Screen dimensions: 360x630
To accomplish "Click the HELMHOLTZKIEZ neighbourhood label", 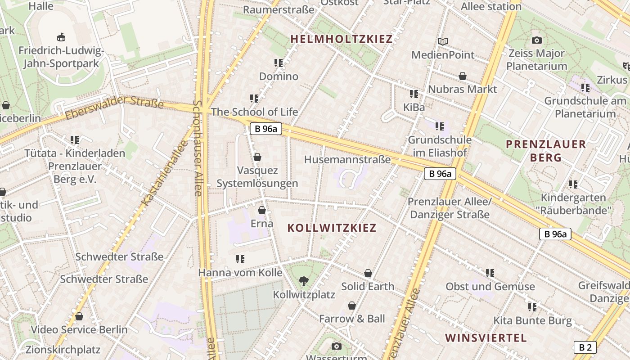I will click(x=342, y=39).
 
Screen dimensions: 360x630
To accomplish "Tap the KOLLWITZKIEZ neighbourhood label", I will click(x=332, y=228).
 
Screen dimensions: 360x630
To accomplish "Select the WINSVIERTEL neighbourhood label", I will click(x=486, y=338).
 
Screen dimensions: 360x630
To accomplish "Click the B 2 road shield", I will click(x=585, y=347).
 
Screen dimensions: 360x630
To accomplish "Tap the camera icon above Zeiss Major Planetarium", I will click(x=536, y=40).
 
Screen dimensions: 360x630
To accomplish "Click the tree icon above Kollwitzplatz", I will click(x=304, y=282).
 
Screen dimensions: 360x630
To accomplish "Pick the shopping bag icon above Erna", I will click(x=261, y=210).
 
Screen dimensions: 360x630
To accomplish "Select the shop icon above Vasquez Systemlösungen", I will click(x=257, y=157).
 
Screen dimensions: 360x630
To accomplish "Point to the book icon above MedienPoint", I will click(x=443, y=42).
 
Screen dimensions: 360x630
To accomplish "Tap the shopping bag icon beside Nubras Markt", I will click(x=463, y=76).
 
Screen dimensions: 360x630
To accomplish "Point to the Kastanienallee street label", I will click(x=165, y=173).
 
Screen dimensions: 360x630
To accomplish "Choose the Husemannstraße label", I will click(x=347, y=159).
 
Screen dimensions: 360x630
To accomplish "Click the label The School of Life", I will click(x=254, y=112).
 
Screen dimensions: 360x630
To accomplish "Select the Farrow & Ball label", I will click(x=352, y=319).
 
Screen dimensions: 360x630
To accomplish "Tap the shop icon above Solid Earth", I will click(x=368, y=273).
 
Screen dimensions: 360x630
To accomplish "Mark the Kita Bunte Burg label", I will click(x=532, y=321).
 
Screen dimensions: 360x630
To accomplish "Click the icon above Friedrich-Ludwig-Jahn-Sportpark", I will click(x=61, y=37).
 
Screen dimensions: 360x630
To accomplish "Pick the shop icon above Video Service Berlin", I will click(x=79, y=316).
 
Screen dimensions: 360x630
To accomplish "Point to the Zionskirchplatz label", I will click(x=63, y=350).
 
